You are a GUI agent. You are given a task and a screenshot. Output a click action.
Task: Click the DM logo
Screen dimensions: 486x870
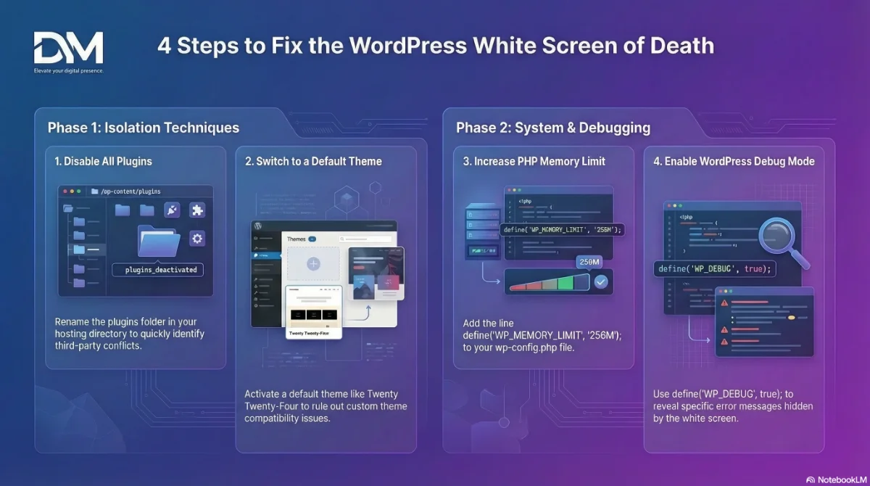(68, 48)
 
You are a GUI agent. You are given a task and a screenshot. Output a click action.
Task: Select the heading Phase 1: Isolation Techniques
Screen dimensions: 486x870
(143, 128)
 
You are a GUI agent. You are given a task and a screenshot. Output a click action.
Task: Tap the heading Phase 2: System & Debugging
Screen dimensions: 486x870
(552, 128)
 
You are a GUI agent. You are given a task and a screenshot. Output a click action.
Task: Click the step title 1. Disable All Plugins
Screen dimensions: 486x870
(103, 161)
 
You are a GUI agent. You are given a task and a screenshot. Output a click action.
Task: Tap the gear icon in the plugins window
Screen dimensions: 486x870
(197, 239)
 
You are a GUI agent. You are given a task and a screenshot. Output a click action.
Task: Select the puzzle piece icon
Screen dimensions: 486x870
(196, 210)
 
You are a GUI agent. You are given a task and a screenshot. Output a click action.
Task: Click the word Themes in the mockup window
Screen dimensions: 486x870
(296, 239)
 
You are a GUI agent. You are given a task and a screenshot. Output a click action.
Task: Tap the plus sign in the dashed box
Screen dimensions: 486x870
(313, 264)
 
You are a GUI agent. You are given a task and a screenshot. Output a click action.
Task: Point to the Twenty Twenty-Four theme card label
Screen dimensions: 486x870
(308, 334)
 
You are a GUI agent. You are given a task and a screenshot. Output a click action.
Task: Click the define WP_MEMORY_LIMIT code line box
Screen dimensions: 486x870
(562, 229)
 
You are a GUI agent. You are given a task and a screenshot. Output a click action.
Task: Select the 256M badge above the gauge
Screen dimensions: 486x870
(588, 262)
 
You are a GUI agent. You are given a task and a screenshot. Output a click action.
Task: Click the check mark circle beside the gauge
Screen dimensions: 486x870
(600, 281)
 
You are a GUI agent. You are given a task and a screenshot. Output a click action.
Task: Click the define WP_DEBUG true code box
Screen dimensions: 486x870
(715, 268)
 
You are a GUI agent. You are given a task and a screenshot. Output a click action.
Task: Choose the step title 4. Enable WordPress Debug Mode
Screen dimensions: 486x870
(734, 161)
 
